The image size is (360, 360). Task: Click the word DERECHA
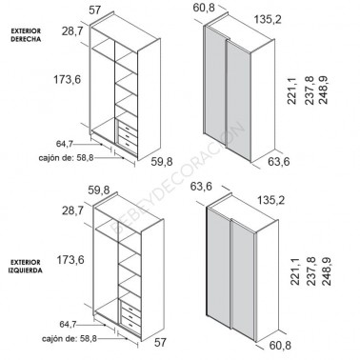26,39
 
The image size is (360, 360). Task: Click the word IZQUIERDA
26,270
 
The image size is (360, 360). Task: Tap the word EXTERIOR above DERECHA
26,31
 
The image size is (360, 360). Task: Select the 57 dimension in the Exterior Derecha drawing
94,10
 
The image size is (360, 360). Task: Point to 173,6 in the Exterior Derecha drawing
68,80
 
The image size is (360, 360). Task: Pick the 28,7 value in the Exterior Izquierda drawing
72,210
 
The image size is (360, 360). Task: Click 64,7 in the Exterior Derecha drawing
65,144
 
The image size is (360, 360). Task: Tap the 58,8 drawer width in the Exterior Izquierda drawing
89,339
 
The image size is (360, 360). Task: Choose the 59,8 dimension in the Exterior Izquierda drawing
99,190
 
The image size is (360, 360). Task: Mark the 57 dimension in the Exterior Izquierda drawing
160,343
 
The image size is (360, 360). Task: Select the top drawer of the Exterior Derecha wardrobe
128,129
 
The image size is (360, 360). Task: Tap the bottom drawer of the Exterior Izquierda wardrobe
130,324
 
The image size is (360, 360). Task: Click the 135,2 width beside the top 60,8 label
268,20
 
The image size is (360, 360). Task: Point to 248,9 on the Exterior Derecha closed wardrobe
324,90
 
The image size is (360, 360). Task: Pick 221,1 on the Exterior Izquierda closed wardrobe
294,271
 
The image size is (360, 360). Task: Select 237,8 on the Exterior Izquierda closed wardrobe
311,271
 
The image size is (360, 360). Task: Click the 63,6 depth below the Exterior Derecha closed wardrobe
279,162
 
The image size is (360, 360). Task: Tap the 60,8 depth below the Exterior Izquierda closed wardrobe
280,345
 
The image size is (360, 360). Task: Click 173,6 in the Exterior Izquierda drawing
70,260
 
